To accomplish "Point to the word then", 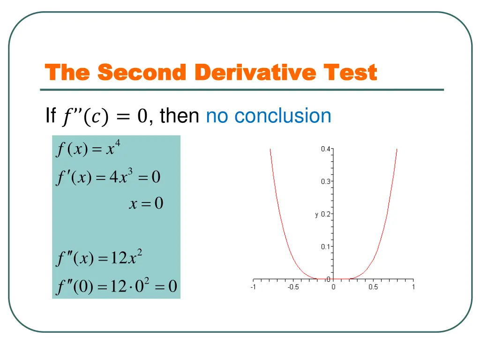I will (180, 116).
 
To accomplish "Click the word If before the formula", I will (51, 116).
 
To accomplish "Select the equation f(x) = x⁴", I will (88, 150).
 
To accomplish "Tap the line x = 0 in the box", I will (146, 203).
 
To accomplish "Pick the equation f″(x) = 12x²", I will (98, 258).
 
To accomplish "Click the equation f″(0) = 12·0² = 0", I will (116, 286).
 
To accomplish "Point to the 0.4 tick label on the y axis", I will (325, 149).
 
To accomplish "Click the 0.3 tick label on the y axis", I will (325, 182).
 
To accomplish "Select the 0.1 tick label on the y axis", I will (325, 247).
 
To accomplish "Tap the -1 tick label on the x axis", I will (253, 287).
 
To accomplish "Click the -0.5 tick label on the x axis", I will (293, 287).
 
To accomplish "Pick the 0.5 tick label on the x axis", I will (373, 287).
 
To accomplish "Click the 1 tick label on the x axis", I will (413, 287).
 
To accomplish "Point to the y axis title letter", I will (316, 215).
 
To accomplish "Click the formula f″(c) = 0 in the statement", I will (104, 116).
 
